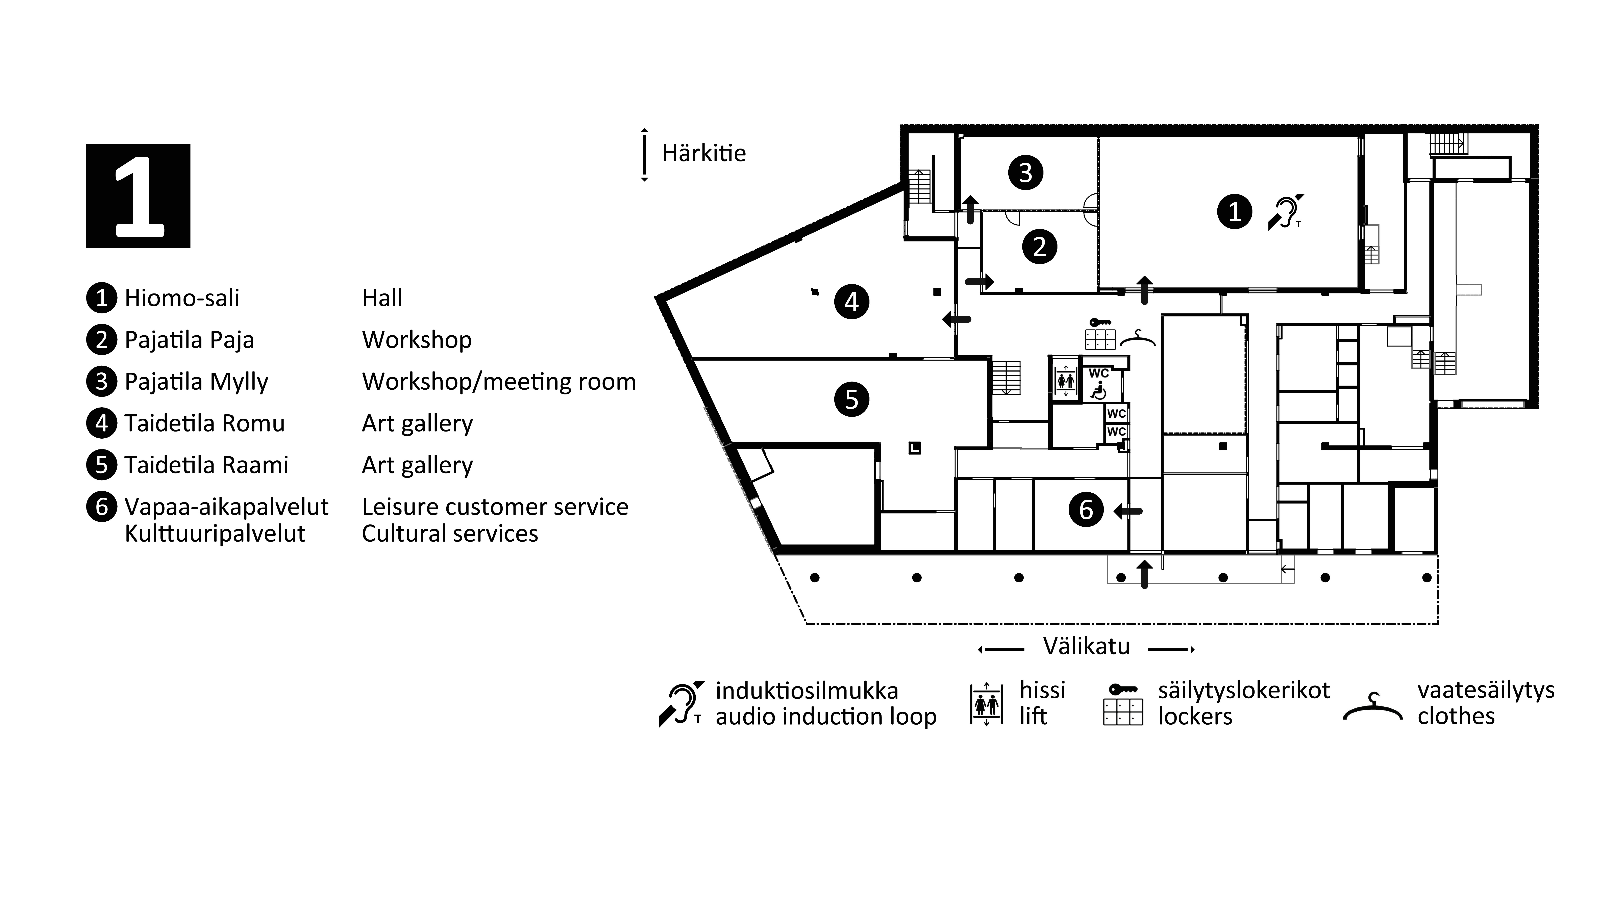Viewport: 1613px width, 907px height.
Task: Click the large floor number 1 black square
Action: [x=138, y=196]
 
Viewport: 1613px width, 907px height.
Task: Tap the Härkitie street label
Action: [x=704, y=153]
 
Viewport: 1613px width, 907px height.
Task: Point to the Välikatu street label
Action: [x=1086, y=646]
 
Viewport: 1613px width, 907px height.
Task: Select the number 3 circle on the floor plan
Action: [x=1026, y=173]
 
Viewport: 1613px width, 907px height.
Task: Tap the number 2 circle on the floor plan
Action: [x=1039, y=247]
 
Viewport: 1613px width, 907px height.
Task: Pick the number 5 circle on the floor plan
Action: [x=852, y=399]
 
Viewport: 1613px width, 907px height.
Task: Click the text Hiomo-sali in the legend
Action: [x=182, y=298]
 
